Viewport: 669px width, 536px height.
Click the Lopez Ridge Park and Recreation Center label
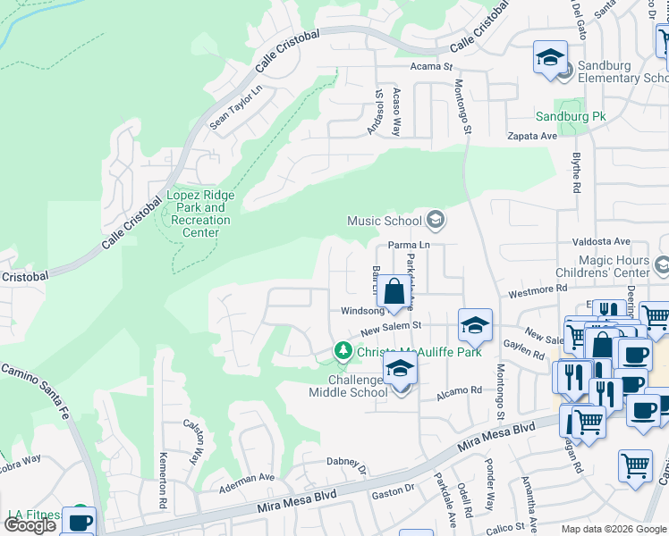point(200,214)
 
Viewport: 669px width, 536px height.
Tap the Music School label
point(384,221)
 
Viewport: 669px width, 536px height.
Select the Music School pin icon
point(436,220)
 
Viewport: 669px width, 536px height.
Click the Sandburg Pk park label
point(571,116)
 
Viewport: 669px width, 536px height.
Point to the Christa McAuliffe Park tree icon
point(342,352)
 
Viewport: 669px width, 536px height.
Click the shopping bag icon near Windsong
point(394,291)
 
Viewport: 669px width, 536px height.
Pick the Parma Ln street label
point(410,245)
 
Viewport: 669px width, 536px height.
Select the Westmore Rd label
point(538,289)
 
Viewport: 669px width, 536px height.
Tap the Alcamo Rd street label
point(459,390)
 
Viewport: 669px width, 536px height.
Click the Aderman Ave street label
point(247,478)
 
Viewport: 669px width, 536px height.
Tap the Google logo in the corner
point(30,525)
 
